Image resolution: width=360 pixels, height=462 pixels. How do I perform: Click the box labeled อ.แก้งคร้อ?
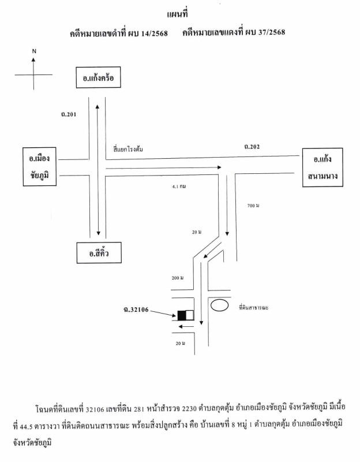coord(99,79)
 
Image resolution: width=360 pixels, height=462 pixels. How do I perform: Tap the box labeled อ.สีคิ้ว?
coord(99,252)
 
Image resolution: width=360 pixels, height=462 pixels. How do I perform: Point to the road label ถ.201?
coord(68,115)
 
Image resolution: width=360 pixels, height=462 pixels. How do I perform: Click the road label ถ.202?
coord(252,147)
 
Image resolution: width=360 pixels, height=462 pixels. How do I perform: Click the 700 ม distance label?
coord(253,206)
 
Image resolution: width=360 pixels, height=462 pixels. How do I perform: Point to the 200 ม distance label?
coord(177,278)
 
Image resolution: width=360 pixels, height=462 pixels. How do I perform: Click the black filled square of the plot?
coord(182,315)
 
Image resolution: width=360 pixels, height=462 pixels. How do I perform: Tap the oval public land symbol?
coord(219,305)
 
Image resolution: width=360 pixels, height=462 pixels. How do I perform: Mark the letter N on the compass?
coord(34,51)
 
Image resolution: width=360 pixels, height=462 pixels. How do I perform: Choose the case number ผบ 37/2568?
coord(268,33)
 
